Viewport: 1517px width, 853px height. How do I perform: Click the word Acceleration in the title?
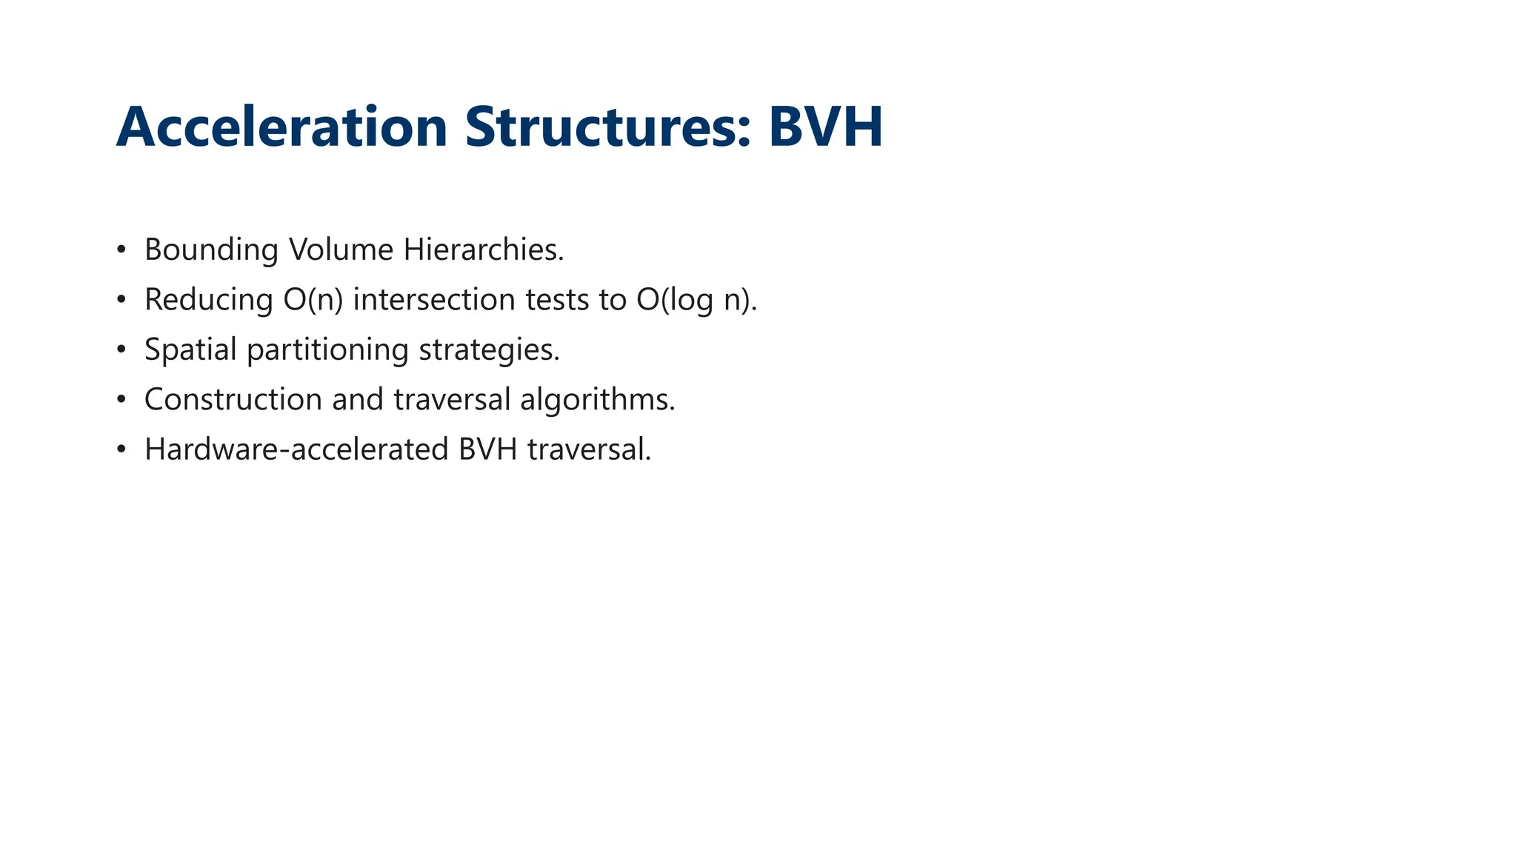coord(281,127)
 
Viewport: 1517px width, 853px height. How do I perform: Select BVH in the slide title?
coord(825,127)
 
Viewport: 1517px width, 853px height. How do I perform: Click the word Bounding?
coord(211,250)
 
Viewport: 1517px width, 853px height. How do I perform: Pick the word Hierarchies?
coord(483,250)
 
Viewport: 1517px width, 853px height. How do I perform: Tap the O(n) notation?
coord(313,300)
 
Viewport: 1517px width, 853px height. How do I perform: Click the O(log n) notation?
coord(696,300)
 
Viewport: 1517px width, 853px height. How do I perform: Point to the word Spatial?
coord(190,349)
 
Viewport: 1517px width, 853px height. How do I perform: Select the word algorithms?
coord(597,400)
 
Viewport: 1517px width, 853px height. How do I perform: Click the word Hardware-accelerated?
coord(296,449)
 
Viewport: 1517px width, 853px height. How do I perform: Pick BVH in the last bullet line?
coord(487,449)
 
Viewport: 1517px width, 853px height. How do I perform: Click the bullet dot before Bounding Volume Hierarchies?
coord(121,250)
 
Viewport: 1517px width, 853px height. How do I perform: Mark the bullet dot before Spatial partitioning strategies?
coord(121,349)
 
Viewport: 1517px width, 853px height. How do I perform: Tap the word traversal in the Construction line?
coord(452,400)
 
